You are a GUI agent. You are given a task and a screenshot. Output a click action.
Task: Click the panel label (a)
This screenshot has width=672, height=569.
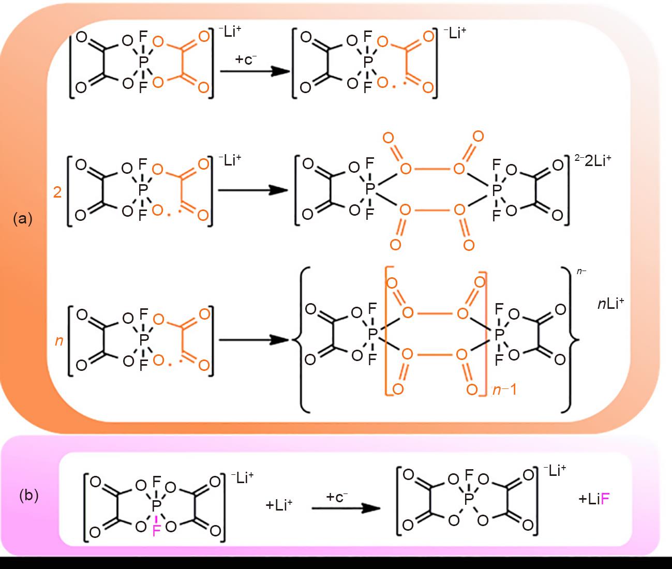[23, 218]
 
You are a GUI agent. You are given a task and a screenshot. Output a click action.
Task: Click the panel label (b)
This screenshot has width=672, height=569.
[29, 496]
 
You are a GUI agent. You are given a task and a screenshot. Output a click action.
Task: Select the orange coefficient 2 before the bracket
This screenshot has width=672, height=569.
[57, 192]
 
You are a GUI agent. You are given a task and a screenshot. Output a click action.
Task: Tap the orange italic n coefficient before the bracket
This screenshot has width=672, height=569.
[59, 341]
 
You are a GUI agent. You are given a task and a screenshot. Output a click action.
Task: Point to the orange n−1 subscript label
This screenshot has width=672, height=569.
[504, 390]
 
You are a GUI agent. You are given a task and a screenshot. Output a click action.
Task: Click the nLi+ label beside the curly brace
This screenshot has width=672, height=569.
[611, 303]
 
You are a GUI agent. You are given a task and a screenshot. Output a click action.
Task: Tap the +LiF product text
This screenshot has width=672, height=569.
[594, 499]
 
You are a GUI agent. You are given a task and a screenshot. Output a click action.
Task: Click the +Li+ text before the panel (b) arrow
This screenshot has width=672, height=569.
[279, 505]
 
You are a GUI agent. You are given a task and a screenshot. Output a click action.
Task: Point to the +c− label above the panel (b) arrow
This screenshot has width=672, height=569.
[337, 497]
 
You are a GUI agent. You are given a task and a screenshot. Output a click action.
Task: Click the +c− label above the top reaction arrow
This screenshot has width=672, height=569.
[246, 59]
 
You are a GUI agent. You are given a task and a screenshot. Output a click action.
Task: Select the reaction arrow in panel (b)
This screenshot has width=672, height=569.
[346, 508]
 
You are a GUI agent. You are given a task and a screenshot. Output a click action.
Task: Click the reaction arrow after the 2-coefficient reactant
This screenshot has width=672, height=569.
[253, 190]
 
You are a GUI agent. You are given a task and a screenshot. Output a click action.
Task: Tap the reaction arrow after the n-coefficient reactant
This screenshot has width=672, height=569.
[254, 340]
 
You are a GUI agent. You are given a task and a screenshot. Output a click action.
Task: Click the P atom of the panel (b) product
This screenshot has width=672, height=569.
[469, 499]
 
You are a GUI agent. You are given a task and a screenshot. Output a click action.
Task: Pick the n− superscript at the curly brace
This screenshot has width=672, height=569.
[581, 271]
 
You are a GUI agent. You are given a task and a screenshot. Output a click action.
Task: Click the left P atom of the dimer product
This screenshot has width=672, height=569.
[370, 189]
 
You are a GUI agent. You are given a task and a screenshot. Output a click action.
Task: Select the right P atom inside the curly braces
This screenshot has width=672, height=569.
[499, 334]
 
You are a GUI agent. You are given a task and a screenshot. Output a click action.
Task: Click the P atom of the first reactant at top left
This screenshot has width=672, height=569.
[143, 62]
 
